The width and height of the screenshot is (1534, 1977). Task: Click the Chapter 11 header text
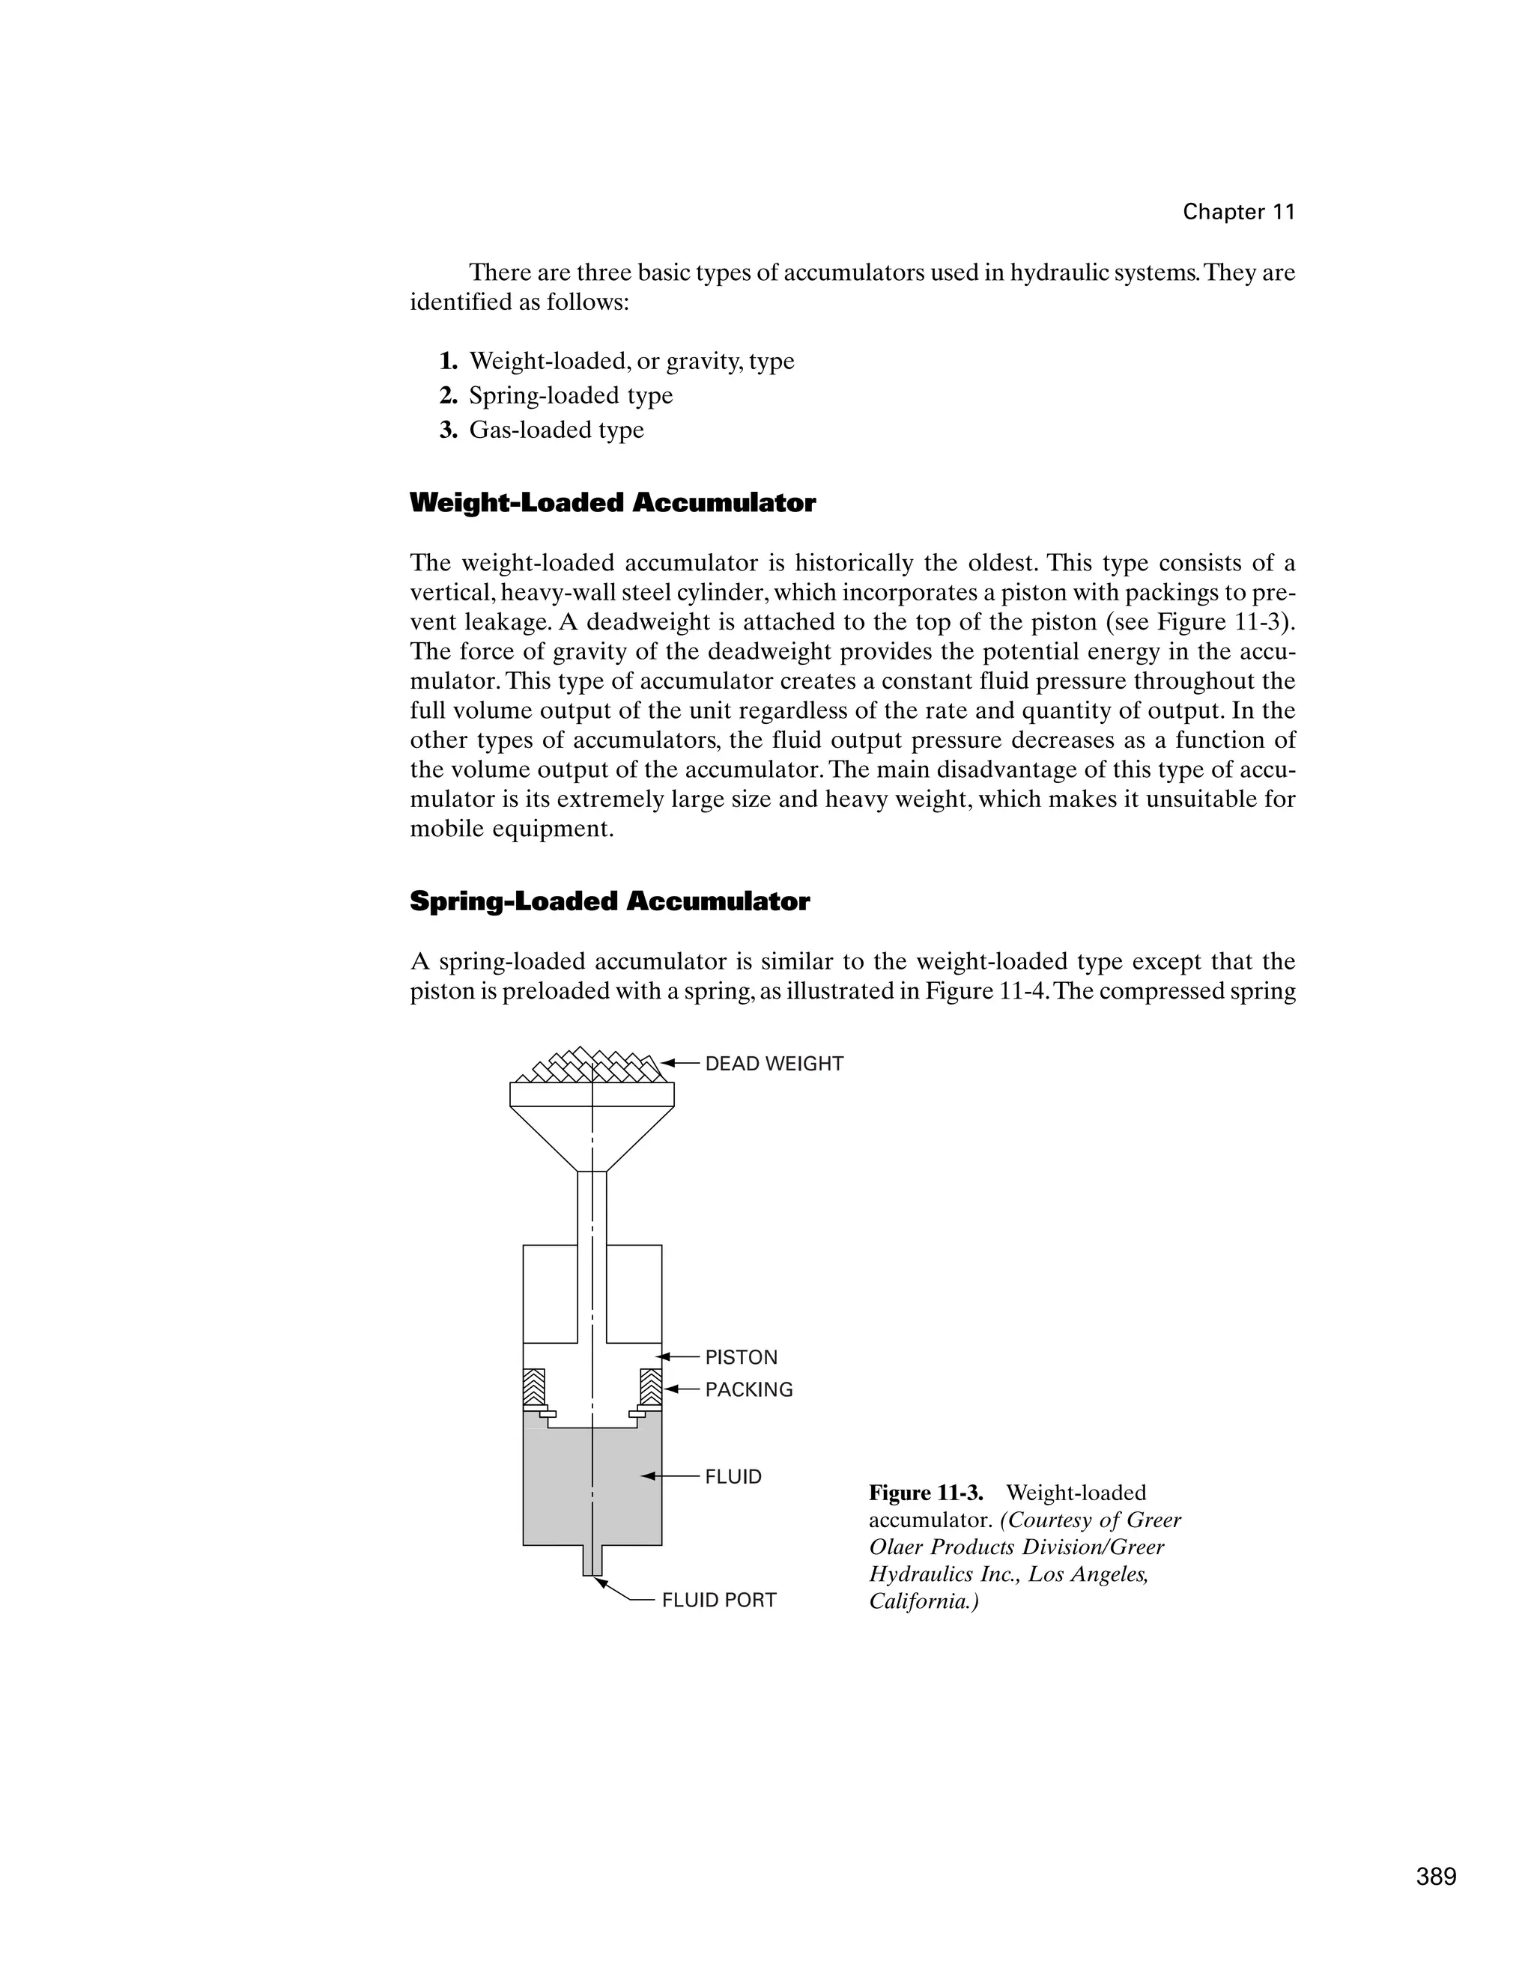(x=1238, y=212)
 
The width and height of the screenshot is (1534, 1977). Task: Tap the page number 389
(x=1436, y=1877)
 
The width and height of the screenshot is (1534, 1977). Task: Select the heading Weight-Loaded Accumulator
(x=612, y=503)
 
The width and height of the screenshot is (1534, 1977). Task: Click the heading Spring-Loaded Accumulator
(x=610, y=901)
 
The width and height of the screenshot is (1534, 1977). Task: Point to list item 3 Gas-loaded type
(x=555, y=430)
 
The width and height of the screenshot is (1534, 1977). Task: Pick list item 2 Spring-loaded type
(x=569, y=395)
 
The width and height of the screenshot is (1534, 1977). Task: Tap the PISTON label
(x=741, y=1357)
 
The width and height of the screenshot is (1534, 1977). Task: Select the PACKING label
(x=748, y=1389)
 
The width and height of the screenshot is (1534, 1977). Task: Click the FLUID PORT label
(x=718, y=1600)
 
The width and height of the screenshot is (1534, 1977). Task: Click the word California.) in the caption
(x=924, y=1601)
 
